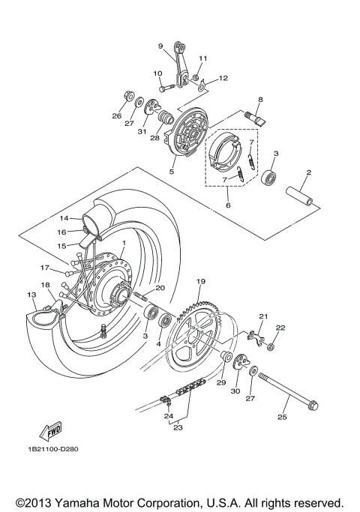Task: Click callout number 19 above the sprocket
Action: click(200, 281)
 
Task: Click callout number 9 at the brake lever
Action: click(160, 46)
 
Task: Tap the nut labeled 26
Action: click(127, 97)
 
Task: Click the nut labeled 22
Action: click(271, 346)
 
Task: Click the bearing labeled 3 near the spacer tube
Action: click(268, 178)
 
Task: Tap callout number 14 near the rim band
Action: click(64, 218)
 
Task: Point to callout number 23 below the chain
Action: click(178, 428)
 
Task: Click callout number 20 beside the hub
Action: click(160, 289)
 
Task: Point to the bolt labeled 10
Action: click(166, 87)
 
